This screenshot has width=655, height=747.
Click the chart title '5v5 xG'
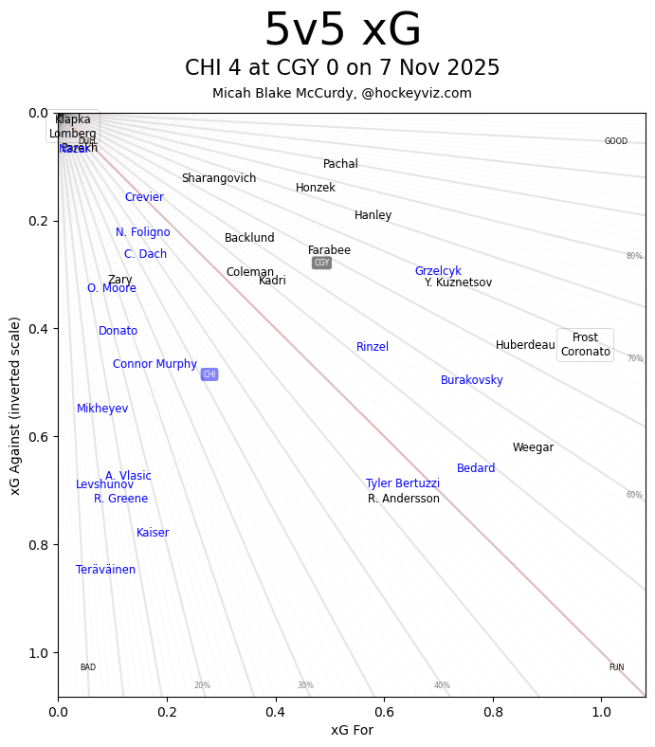342,31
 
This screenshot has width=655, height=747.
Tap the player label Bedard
476,468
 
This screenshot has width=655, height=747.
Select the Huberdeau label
525,345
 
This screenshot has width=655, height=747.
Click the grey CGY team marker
322,263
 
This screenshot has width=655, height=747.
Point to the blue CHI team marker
209,374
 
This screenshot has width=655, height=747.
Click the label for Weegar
533,447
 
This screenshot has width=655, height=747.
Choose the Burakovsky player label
472,380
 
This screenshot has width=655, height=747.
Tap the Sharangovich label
219,178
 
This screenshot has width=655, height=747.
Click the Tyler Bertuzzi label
403,483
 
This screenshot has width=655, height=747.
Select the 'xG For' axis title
352,730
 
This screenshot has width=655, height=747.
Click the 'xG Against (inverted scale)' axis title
15,405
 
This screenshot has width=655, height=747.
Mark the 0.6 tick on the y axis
37,437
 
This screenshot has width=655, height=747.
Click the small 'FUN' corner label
616,667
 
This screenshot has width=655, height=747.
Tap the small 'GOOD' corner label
616,141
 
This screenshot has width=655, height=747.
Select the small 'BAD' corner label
88,667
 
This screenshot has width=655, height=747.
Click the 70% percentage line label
634,358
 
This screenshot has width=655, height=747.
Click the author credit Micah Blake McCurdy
342,93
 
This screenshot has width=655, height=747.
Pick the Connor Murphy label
155,364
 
